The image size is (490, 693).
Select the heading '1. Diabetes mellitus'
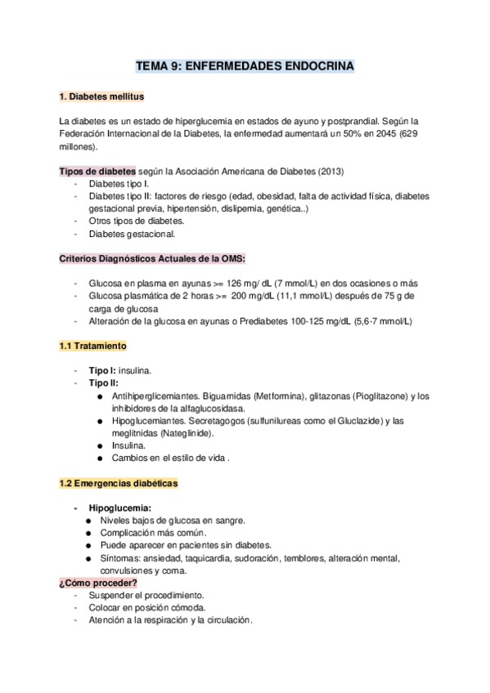[101, 97]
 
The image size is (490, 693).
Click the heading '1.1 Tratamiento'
[92, 346]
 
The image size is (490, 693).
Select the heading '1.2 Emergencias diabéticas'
[118, 484]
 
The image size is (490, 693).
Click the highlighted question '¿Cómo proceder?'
[97, 583]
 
